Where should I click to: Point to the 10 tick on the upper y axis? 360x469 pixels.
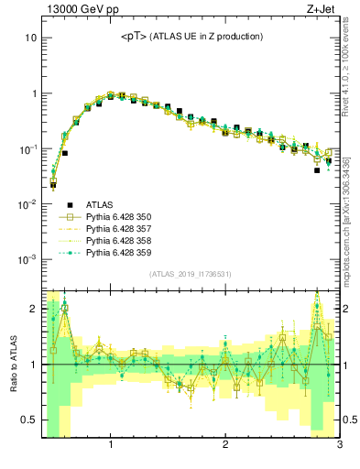(29, 38)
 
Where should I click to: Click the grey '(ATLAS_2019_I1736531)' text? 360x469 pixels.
(191, 274)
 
